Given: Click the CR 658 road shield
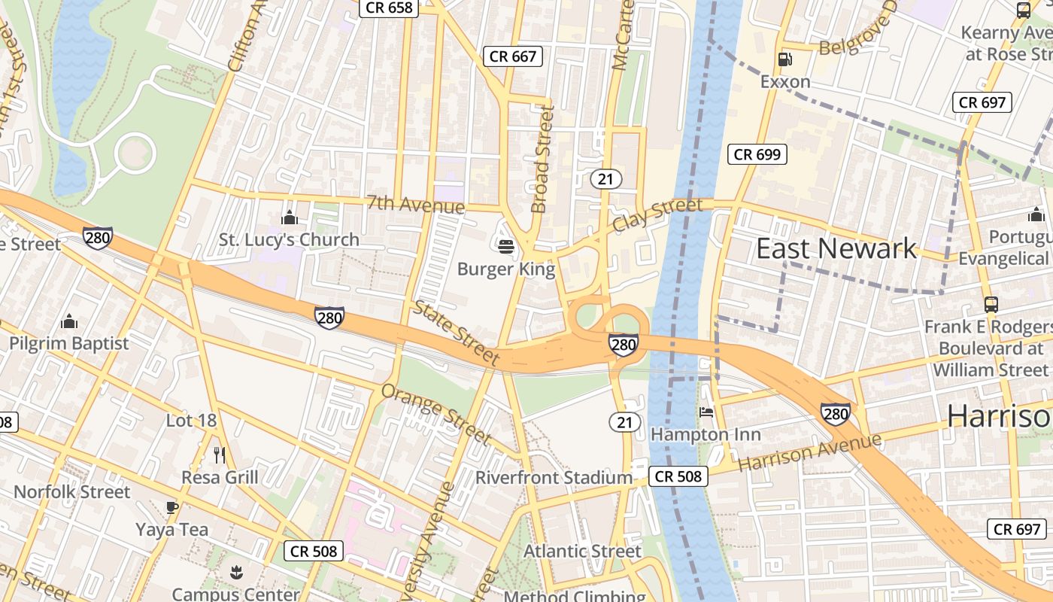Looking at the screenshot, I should [387, 8].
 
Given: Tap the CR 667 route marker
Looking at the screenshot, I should [513, 56].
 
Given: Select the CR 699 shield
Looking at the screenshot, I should [757, 154].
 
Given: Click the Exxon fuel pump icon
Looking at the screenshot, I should [784, 59].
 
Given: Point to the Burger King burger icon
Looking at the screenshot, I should [505, 246].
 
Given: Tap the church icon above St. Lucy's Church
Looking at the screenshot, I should [290, 217].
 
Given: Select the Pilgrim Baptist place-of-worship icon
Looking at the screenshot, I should [69, 321].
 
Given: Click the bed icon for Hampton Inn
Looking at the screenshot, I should [706, 412].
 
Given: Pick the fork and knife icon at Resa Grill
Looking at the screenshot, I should [220, 455].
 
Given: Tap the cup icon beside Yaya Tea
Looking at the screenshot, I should [172, 507].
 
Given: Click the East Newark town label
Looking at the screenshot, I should [836, 248].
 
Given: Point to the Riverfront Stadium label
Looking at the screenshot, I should [554, 478].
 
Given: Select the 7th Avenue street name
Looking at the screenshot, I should [415, 204].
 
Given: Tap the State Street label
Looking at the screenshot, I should [457, 333].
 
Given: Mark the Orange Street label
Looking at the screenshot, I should [436, 412].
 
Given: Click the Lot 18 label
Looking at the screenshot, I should [191, 421].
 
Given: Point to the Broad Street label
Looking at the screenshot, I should [542, 159].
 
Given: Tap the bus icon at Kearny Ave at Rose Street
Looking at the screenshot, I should [1024, 11].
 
